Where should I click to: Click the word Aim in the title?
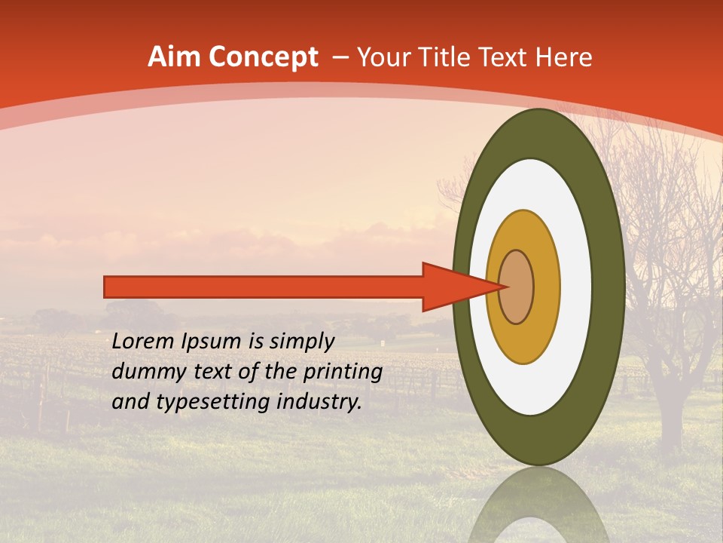[175, 57]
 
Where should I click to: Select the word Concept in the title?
[264, 58]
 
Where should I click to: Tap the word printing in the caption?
[343, 371]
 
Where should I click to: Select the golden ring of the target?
[546, 287]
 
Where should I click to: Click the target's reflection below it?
[538, 505]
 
